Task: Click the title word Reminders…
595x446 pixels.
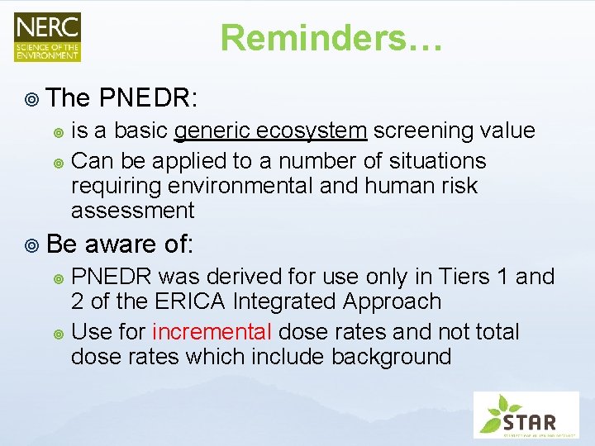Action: [331, 38]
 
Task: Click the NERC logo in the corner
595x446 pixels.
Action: [47, 36]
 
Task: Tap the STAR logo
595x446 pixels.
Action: [526, 415]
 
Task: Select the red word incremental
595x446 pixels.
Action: [212, 332]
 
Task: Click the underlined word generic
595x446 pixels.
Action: [214, 130]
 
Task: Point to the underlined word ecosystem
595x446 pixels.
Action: [313, 130]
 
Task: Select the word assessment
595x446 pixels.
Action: [133, 211]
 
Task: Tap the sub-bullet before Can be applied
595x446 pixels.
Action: [58, 161]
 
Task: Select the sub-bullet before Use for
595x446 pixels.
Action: [58, 333]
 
